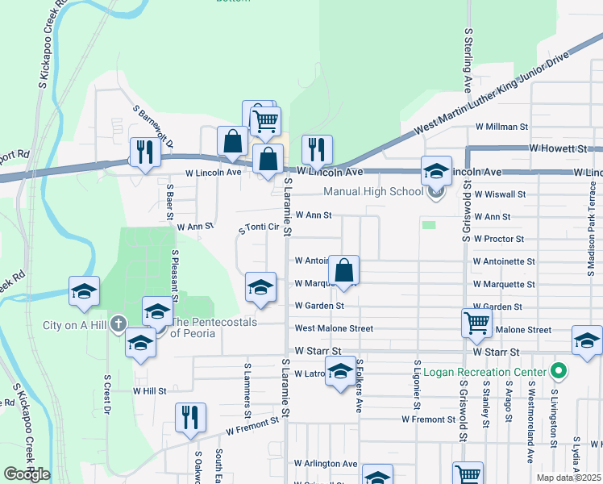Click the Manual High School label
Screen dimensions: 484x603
point(372,191)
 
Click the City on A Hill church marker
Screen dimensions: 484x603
point(118,324)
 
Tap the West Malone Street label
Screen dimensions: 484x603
point(334,328)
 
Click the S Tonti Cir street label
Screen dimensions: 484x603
point(259,228)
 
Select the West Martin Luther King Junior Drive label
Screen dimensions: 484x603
point(492,94)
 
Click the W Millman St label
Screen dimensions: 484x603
point(501,127)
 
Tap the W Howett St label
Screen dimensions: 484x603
point(559,149)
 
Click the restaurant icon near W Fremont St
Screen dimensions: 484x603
point(190,417)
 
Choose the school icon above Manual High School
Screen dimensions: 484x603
point(436,170)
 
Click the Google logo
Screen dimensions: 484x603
point(26,474)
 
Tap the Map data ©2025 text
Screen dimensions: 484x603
point(568,478)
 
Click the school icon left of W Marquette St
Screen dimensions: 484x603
point(260,286)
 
